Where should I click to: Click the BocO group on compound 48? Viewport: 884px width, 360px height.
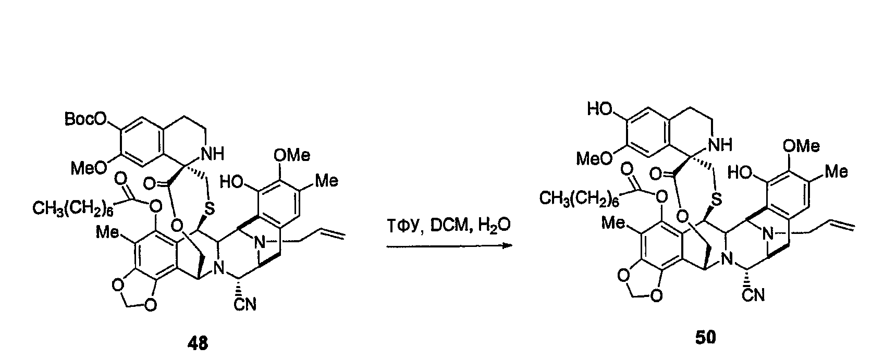(87, 119)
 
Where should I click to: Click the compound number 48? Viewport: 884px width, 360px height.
(198, 343)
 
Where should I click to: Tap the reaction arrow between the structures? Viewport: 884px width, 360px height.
(449, 246)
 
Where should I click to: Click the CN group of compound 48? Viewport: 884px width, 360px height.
(245, 304)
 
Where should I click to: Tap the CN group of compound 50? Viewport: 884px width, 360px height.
(753, 295)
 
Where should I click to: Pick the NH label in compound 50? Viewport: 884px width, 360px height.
(721, 145)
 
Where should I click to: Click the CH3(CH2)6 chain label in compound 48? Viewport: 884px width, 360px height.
(73, 208)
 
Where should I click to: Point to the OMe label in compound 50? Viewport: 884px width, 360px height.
(801, 146)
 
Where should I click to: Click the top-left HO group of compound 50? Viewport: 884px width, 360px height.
(600, 108)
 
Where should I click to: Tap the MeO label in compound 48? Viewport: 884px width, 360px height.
(89, 168)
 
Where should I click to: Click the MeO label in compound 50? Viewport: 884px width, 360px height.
(594, 159)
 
